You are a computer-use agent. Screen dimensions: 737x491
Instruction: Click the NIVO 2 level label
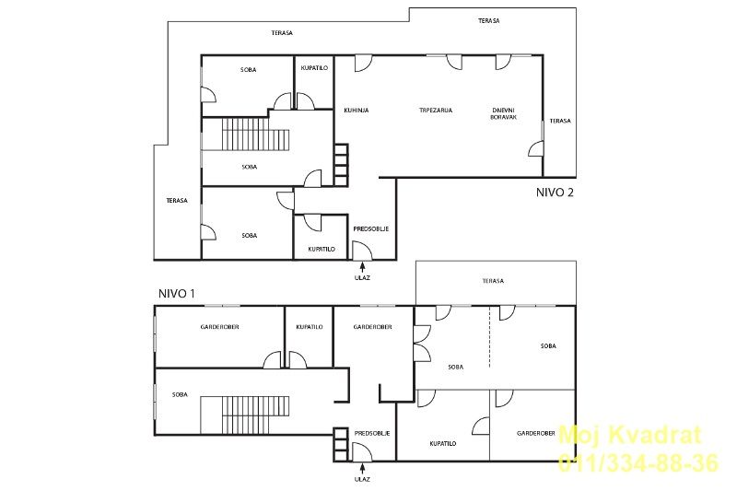[555, 193]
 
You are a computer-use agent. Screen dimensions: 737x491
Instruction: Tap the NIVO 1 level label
[176, 294]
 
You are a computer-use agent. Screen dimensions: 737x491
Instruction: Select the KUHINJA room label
[357, 111]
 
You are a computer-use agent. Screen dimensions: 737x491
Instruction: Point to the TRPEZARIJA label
[436, 111]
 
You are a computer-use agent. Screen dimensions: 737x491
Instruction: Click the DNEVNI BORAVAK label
[503, 113]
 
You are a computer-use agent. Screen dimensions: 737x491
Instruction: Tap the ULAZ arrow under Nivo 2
[362, 267]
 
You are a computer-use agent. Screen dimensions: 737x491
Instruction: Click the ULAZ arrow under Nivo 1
[362, 469]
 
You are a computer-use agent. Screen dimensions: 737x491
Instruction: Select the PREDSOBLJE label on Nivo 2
[371, 228]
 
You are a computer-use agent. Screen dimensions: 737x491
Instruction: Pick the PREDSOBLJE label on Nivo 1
[372, 434]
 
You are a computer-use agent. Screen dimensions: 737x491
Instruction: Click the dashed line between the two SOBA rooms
[489, 337]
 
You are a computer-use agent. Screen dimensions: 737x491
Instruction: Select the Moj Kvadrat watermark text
[630, 435]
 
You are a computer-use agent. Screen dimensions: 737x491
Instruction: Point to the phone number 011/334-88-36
[638, 462]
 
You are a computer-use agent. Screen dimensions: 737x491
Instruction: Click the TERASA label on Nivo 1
[493, 281]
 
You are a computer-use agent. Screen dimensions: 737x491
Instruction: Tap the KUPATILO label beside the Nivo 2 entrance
[322, 249]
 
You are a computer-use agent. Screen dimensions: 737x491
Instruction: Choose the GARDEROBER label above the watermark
[536, 434]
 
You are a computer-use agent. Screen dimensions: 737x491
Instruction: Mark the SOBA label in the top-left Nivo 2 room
[248, 70]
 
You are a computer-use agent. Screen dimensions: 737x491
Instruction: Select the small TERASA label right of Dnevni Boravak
[560, 121]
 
